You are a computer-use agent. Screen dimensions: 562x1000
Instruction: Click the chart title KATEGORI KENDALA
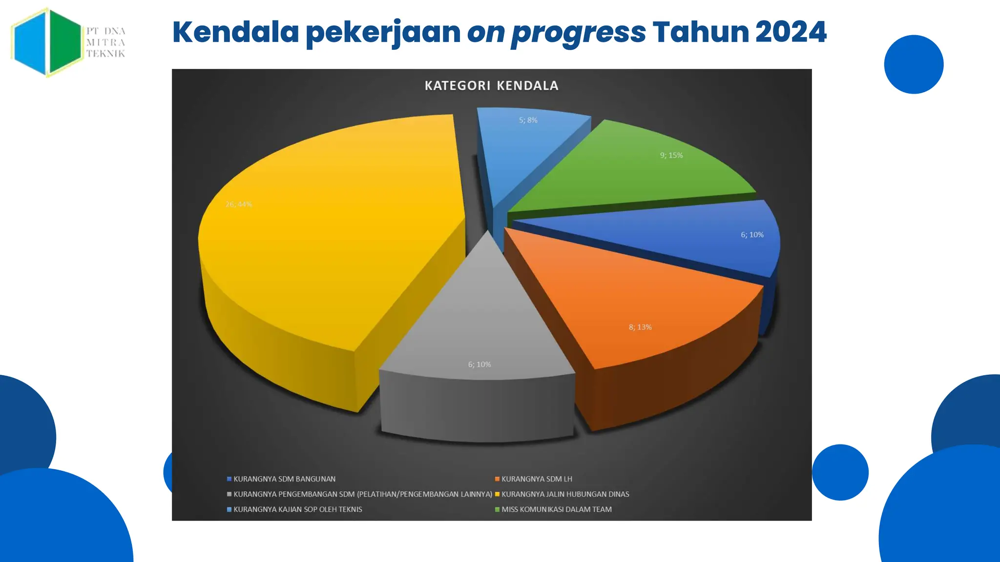tap(491, 86)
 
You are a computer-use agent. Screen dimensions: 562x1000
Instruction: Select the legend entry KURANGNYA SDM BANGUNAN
tap(284, 479)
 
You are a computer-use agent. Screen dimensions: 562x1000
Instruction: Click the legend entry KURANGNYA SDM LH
tap(537, 479)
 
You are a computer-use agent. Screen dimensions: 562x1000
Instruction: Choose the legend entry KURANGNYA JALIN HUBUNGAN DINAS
tap(565, 494)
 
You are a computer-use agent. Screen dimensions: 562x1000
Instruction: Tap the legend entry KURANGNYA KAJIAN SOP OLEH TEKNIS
tap(297, 509)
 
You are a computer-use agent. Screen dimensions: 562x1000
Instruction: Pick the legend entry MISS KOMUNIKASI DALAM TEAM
tap(556, 509)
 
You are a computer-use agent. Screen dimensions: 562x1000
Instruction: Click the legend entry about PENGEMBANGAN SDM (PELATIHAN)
tap(362, 494)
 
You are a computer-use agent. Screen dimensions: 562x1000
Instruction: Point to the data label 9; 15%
tap(671, 155)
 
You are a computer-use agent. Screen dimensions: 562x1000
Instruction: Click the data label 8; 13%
tap(640, 327)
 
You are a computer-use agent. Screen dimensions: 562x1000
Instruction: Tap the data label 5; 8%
tap(528, 120)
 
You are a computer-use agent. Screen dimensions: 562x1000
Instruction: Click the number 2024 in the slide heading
tap(791, 32)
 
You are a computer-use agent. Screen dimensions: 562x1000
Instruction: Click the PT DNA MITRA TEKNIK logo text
tap(106, 42)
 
